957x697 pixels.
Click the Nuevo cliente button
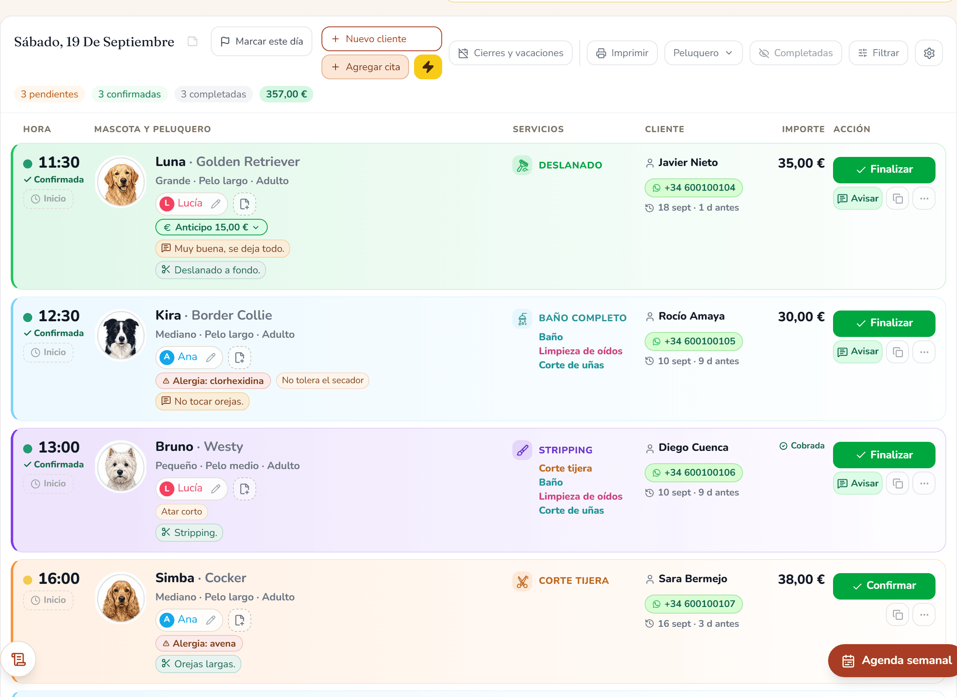[x=381, y=39]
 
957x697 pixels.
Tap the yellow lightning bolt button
[x=428, y=66]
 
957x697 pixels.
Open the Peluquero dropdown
[x=703, y=53]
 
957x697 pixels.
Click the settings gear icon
[x=929, y=53]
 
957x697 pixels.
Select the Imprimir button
[x=622, y=53]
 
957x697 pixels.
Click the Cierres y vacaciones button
[x=510, y=53]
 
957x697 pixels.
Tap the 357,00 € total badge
[x=286, y=94]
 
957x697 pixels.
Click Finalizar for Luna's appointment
[x=883, y=170]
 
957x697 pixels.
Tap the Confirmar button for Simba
[x=883, y=586]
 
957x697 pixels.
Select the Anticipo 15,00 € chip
[x=211, y=228]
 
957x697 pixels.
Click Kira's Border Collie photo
[x=121, y=336]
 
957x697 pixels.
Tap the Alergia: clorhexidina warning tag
[x=213, y=381]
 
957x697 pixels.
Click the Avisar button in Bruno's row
[x=857, y=484]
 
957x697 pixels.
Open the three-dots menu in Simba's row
[x=924, y=615]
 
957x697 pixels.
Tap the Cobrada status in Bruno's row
[x=801, y=446]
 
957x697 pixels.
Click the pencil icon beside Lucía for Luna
[x=216, y=204]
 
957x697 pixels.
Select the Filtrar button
[x=878, y=53]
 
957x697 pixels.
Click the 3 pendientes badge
[x=50, y=94]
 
